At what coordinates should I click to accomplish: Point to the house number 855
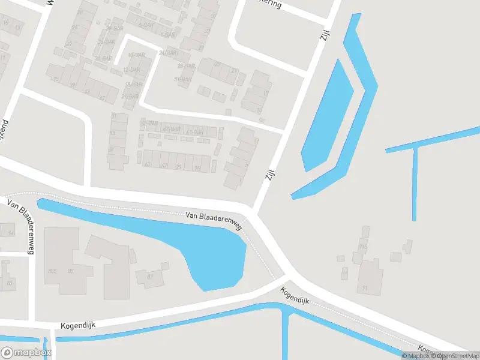click(x=52, y=271)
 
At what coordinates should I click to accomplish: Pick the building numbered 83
click(x=9, y=282)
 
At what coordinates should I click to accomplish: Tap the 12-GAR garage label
click(x=131, y=70)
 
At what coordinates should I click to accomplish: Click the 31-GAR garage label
click(x=182, y=79)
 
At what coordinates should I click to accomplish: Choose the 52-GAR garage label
click(x=149, y=123)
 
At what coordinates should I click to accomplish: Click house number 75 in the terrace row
click(x=197, y=168)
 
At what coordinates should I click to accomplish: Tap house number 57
click(x=111, y=149)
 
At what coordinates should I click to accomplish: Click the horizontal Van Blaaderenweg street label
click(x=213, y=220)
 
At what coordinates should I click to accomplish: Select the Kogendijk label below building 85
click(x=78, y=325)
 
